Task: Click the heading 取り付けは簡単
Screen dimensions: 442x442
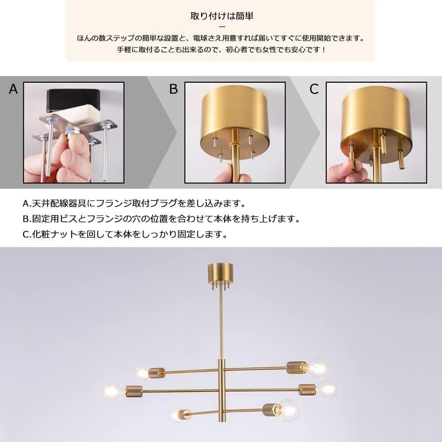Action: pyautogui.click(x=221, y=16)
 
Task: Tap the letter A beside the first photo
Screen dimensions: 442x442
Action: pyautogui.click(x=13, y=89)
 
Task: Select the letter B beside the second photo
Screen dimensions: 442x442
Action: pyautogui.click(x=173, y=89)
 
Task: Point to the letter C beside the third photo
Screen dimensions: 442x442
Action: pyautogui.click(x=314, y=89)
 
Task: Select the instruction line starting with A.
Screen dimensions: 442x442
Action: pyautogui.click(x=134, y=204)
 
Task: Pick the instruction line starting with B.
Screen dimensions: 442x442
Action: pyautogui.click(x=161, y=219)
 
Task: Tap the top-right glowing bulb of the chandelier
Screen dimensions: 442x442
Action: pyautogui.click(x=317, y=367)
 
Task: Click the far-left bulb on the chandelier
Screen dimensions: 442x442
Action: pyautogui.click(x=113, y=391)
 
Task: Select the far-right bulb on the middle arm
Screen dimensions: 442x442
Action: pyautogui.click(x=327, y=389)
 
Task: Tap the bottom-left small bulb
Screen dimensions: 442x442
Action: pyautogui.click(x=176, y=415)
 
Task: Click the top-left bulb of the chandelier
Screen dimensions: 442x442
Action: pyautogui.click(x=141, y=373)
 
